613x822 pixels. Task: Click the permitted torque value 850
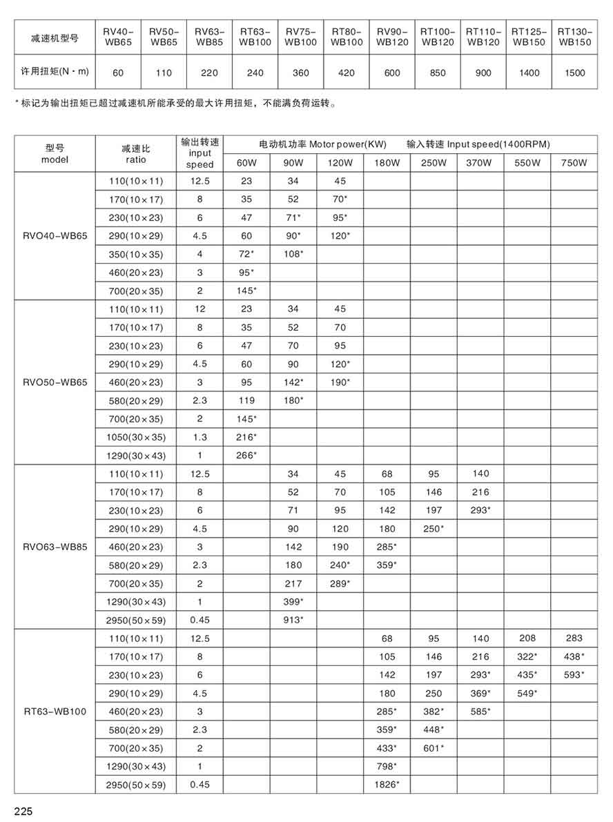(437, 72)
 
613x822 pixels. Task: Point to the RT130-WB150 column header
(574, 37)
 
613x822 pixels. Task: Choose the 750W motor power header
(574, 163)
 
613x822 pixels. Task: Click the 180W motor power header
(387, 163)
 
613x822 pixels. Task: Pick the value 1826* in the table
(387, 785)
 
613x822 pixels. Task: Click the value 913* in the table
(293, 620)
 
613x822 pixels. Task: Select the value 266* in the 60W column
(246, 455)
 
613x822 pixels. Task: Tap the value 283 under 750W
(574, 638)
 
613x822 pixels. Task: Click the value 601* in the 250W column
(433, 748)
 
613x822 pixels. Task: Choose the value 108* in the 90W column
(293, 254)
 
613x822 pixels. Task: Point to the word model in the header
(55, 159)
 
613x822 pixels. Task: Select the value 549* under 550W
(527, 693)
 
